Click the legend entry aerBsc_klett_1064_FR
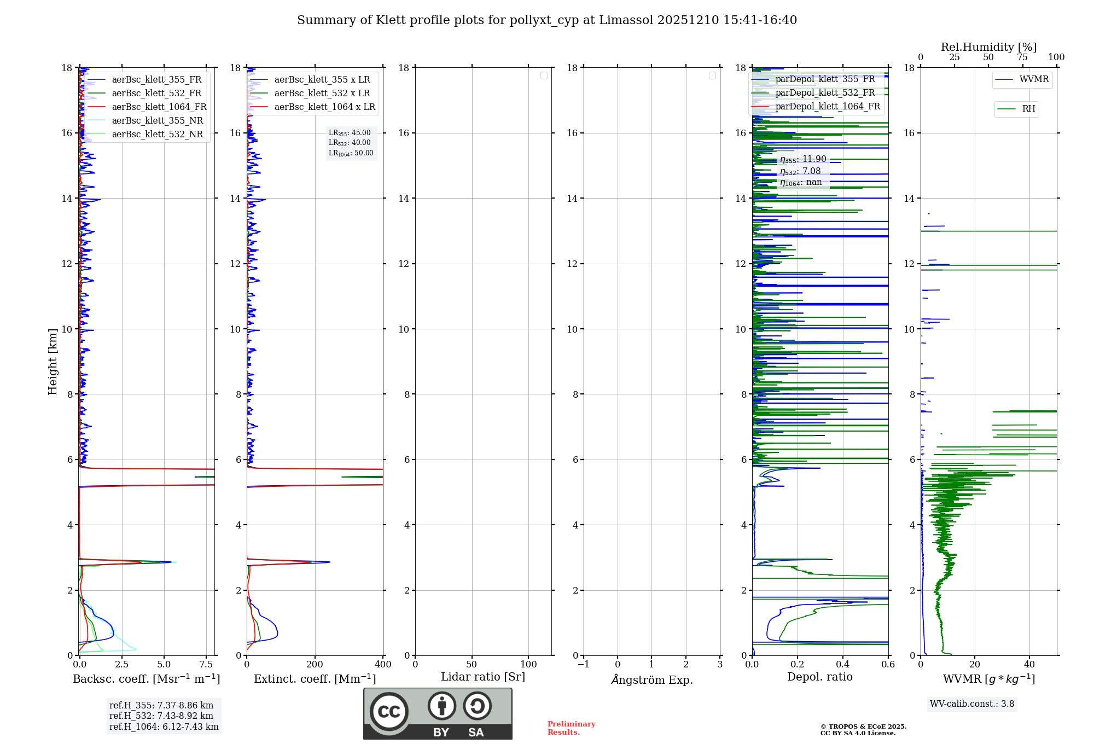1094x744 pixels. click(159, 107)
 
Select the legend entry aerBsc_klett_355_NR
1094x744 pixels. click(157, 120)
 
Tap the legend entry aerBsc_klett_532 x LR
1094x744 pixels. click(322, 93)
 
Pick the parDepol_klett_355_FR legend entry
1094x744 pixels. click(825, 79)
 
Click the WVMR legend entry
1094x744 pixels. click(1034, 79)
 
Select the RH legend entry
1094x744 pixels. click(1028, 109)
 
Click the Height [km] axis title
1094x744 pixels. click(53, 362)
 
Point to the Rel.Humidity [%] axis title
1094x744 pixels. click(988, 47)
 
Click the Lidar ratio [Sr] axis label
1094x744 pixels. click(483, 677)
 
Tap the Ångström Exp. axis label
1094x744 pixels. click(651, 679)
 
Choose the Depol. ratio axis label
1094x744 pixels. click(819, 677)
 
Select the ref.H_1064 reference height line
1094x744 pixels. click(164, 726)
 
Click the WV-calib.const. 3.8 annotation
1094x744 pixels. click(972, 704)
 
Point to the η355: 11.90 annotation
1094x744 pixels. click(803, 159)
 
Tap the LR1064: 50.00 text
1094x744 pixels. click(351, 153)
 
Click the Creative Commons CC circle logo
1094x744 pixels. click(389, 711)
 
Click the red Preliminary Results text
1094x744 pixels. click(571, 728)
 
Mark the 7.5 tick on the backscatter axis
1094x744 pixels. click(206, 664)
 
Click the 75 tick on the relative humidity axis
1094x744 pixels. click(1022, 57)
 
